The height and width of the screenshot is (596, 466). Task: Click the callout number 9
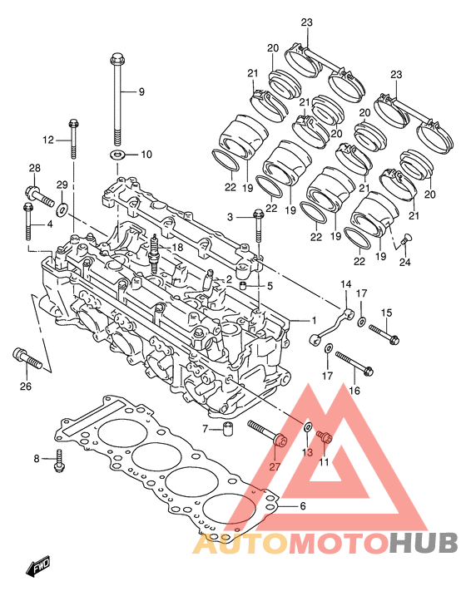tap(141, 91)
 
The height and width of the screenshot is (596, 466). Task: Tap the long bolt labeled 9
tap(117, 100)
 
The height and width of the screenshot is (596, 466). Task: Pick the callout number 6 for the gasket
tap(302, 506)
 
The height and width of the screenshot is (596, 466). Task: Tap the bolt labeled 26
tap(27, 358)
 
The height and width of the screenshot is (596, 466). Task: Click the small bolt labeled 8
tap(59, 461)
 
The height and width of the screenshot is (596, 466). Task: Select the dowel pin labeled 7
tap(228, 428)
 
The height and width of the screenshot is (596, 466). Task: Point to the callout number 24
tap(404, 262)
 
